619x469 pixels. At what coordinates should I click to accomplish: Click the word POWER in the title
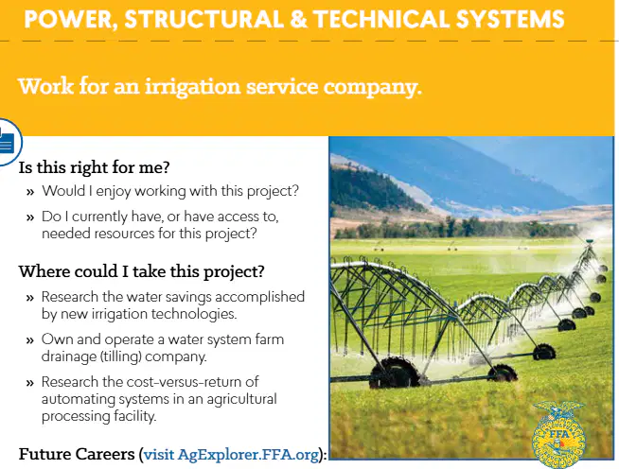point(68,19)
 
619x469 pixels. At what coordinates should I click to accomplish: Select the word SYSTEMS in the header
point(510,19)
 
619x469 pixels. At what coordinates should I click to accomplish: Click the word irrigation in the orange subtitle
point(192,87)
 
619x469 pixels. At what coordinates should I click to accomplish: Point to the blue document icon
point(7,143)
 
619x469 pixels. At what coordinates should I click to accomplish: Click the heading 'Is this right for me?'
point(94,167)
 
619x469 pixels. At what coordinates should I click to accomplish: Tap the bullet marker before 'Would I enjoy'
point(30,192)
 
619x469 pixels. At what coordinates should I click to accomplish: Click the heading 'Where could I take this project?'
point(141,271)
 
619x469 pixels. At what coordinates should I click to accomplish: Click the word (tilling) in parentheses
point(120,356)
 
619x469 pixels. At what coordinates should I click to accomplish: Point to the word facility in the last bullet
point(134,416)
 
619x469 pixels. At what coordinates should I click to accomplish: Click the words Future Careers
point(77,454)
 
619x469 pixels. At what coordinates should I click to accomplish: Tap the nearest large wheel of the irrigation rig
point(395,373)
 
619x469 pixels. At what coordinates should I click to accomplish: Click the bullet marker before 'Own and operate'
point(30,340)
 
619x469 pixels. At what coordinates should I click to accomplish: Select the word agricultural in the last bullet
point(241,399)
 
